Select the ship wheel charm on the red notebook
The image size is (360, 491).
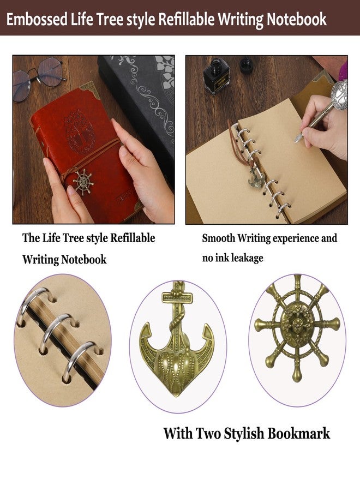point(83,182)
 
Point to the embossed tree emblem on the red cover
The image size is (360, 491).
point(79,131)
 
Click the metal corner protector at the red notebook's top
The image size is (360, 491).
point(91,88)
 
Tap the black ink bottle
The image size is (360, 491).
point(217,75)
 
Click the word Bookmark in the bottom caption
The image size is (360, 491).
point(299,433)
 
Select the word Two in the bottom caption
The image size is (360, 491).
point(208,433)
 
